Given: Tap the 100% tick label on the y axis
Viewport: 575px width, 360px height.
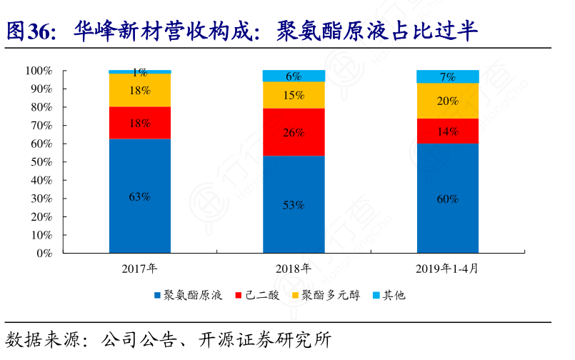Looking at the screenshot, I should click(x=39, y=71).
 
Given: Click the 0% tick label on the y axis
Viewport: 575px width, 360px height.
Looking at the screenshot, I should click(x=44, y=253).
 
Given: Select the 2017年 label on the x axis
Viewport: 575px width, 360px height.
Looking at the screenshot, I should click(x=140, y=269).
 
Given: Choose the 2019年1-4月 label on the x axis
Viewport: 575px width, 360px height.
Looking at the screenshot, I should click(x=447, y=269).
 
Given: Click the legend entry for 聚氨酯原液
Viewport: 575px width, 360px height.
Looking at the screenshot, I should click(x=189, y=294).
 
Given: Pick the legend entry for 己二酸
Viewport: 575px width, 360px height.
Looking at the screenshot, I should click(x=261, y=294).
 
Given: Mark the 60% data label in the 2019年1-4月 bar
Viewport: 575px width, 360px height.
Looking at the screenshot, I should click(x=447, y=199).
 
